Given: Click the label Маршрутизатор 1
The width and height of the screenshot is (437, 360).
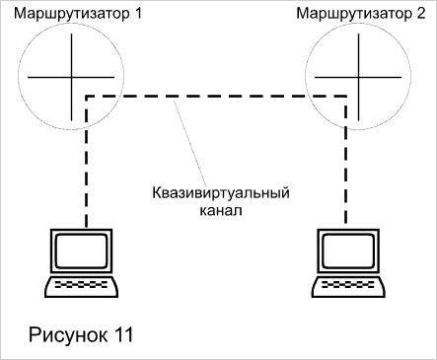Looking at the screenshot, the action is [78, 14].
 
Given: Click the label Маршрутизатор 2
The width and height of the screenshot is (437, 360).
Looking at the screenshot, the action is [361, 14].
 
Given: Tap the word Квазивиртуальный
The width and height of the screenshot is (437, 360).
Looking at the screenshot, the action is [221, 193].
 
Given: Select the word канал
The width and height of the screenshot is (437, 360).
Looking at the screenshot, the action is [221, 210].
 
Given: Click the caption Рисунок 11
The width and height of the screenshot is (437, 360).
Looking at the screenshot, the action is [81, 335].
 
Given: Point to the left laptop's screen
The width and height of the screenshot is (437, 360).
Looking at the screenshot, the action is [82, 251].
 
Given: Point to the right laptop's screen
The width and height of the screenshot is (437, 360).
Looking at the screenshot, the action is [348, 251].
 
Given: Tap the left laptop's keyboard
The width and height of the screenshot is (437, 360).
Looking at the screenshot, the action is [81, 287].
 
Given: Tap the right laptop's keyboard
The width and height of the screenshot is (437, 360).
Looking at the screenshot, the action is [348, 287].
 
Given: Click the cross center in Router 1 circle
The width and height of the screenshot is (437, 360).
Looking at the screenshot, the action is [71, 78].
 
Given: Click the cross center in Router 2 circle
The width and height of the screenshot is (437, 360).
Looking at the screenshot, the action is [358, 78].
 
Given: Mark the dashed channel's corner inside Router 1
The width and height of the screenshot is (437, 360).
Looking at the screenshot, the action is [87, 97].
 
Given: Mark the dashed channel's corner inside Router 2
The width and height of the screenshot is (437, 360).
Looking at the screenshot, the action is [346, 97].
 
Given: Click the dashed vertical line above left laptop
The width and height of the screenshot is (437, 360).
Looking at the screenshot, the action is [87, 162].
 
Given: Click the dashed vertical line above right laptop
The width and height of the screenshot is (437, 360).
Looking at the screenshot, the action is [346, 161].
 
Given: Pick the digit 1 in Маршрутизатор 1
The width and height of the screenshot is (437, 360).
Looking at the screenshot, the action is [138, 14].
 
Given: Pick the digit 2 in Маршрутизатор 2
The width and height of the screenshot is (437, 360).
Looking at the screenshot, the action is [421, 14].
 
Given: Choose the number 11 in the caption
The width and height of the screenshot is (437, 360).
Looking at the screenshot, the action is [124, 334].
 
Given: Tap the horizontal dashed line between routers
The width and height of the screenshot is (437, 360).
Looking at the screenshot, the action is [216, 97].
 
